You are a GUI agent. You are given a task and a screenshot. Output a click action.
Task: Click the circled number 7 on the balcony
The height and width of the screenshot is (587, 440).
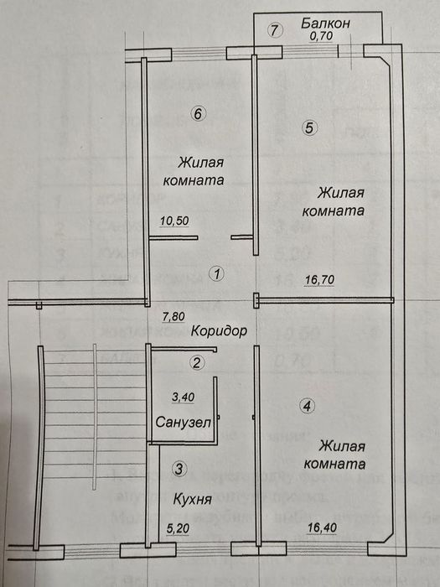pyautogui.click(x=272, y=31)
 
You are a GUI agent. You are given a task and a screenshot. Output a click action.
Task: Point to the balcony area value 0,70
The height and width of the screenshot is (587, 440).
pyautogui.click(x=321, y=37)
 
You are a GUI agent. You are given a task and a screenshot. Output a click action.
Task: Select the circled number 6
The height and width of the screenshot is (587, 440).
pyautogui.click(x=196, y=115)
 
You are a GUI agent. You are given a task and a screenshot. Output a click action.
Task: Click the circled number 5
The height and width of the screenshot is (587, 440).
pyautogui.click(x=309, y=128)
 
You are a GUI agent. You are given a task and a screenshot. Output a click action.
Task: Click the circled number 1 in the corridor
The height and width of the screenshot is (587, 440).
pyautogui.click(x=217, y=273)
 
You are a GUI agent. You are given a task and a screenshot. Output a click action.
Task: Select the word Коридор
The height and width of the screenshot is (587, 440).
pyautogui.click(x=217, y=331)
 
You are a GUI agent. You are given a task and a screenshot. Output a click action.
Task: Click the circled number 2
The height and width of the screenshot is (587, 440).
pyautogui.click(x=196, y=363)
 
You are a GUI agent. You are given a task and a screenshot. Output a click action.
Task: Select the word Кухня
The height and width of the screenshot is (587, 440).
pyautogui.click(x=191, y=499)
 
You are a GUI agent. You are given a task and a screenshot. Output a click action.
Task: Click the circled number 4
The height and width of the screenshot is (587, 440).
pyautogui.click(x=308, y=407)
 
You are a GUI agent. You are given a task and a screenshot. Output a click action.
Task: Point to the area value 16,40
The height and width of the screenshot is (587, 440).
pyautogui.click(x=324, y=528)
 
